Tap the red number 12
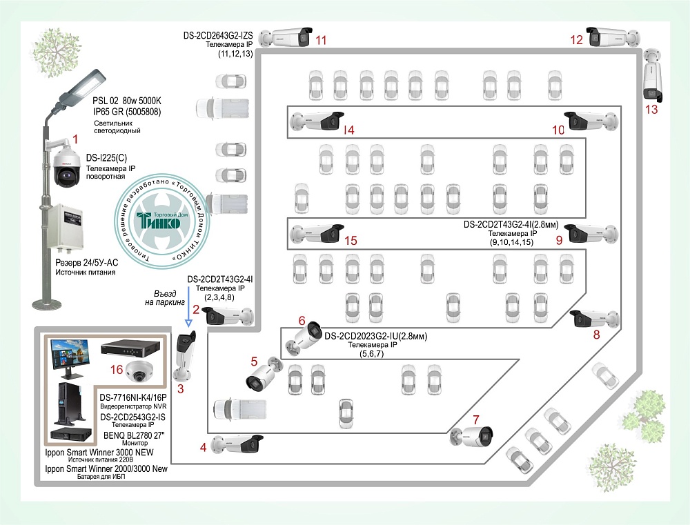point(577,40)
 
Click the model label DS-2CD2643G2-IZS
point(219,34)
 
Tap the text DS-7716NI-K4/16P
point(133,397)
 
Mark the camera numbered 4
point(237,443)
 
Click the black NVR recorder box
point(134,349)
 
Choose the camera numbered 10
point(591,121)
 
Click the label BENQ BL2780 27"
point(132,437)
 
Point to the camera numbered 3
point(184,357)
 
